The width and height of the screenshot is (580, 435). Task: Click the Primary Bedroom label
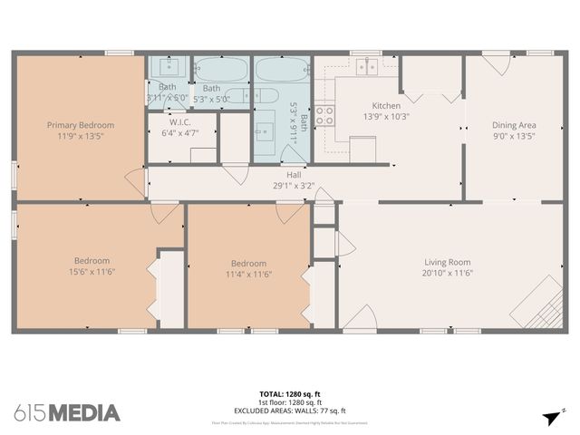pos(82,124)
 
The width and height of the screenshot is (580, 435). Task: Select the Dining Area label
pos(514,125)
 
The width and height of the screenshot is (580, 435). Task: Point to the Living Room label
pos(449,261)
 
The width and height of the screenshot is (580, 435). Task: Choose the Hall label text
pos(294,175)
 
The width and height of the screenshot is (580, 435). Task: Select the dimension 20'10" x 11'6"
pos(449,272)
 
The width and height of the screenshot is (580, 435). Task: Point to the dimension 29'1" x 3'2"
pos(294,186)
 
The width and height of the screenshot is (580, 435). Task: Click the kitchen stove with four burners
pos(325,115)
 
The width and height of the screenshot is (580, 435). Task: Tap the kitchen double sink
pos(366,66)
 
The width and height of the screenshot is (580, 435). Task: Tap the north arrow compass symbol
pos(551,416)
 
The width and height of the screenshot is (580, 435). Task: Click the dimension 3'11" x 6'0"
pos(168,98)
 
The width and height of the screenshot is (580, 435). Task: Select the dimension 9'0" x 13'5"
pos(514,136)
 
